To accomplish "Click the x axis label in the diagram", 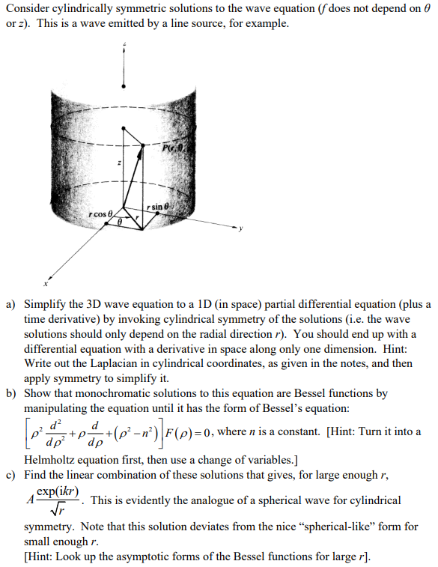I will (46, 285).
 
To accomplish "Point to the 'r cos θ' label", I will (100, 216).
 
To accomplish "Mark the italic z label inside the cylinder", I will (118, 163).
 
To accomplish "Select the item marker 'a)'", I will (10, 306).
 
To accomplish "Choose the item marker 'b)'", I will (10, 392).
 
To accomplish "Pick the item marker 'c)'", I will (10, 474).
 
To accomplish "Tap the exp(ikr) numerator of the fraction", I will (58, 493).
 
